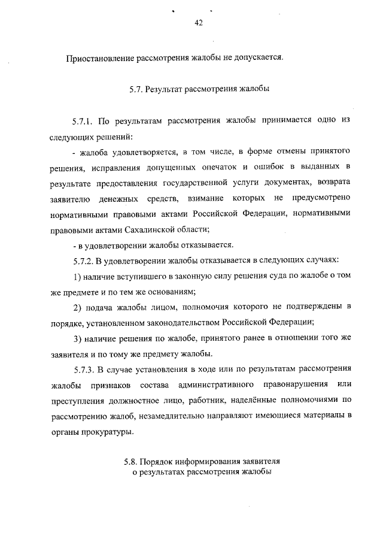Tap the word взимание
(208, 198)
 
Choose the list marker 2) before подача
(77, 307)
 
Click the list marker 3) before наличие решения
(77, 338)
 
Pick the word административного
(206, 384)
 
